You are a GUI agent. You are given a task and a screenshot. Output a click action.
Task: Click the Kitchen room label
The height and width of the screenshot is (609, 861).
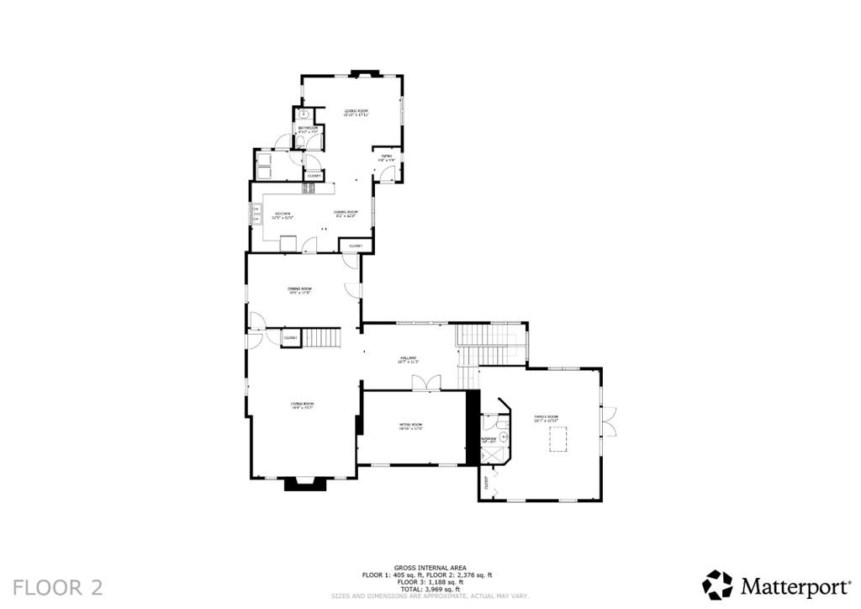tap(283, 214)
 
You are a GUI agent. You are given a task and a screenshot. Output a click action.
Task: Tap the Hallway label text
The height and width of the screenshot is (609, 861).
tap(409, 359)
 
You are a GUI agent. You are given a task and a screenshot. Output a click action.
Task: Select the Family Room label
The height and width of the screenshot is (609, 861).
tap(547, 417)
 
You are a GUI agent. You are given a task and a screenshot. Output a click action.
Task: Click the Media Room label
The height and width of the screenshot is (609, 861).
tap(410, 426)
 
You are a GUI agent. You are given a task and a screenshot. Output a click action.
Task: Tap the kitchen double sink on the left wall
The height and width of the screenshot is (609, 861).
tap(256, 215)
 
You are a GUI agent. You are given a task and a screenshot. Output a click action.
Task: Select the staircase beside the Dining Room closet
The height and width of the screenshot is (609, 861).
tap(322, 338)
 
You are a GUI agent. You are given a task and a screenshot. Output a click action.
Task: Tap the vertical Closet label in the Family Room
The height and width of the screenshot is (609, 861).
tap(486, 483)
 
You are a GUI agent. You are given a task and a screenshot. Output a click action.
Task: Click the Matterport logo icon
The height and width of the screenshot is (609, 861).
tap(718, 585)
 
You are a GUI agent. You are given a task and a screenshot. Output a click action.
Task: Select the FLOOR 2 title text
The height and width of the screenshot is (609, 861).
tap(58, 586)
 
